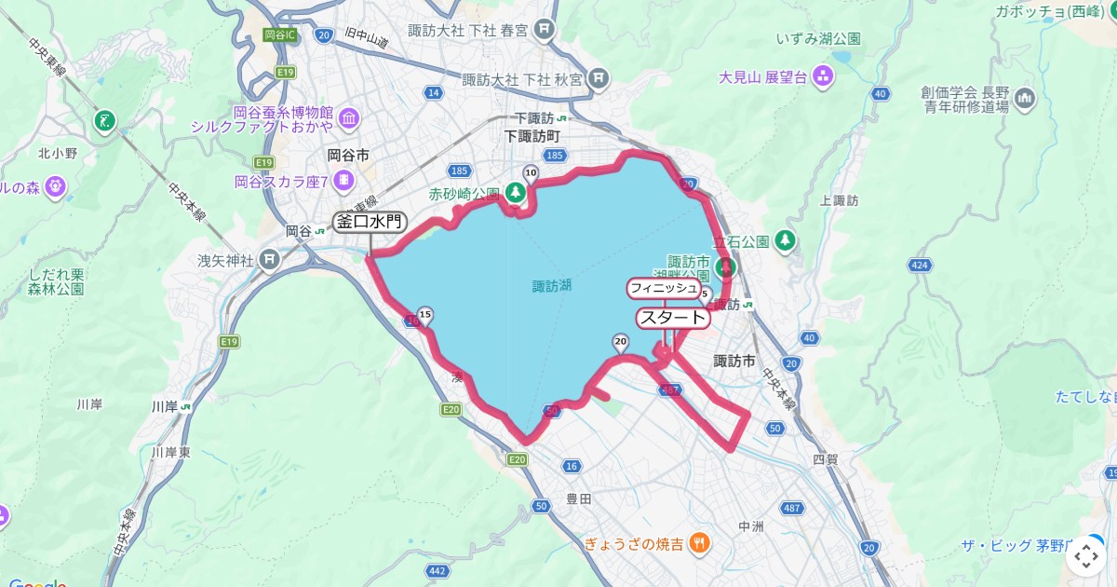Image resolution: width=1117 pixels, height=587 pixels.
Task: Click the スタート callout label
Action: pos(672,318)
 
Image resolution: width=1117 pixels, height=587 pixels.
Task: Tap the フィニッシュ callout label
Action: pos(663,288)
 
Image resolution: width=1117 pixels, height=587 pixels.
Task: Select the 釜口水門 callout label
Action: pos(370,222)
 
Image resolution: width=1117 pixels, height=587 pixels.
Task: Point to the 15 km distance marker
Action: pos(425,315)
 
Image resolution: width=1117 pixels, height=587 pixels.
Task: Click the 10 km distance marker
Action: pos(531,172)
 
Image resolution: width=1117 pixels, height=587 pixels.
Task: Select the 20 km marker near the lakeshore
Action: pos(621,342)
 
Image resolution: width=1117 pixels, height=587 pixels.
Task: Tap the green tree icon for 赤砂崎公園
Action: pos(515,193)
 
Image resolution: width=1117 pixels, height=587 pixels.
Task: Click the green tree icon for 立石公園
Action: pos(786,240)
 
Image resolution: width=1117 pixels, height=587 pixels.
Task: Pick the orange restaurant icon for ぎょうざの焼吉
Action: pos(701,542)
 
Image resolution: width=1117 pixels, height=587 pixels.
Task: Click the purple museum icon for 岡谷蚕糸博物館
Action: pos(348,118)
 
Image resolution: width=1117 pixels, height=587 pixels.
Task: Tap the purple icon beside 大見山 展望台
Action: pos(823,76)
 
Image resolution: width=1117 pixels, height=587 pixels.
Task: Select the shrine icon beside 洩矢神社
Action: pos(270,258)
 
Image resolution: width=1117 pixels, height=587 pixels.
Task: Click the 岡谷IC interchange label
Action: pos(279,34)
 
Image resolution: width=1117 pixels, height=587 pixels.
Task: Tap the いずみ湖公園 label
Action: pos(818,39)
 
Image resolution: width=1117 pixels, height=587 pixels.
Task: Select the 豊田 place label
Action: pos(578,499)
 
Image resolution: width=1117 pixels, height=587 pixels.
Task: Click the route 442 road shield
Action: pos(437,570)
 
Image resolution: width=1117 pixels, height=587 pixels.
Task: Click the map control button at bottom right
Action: pos(1085,556)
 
